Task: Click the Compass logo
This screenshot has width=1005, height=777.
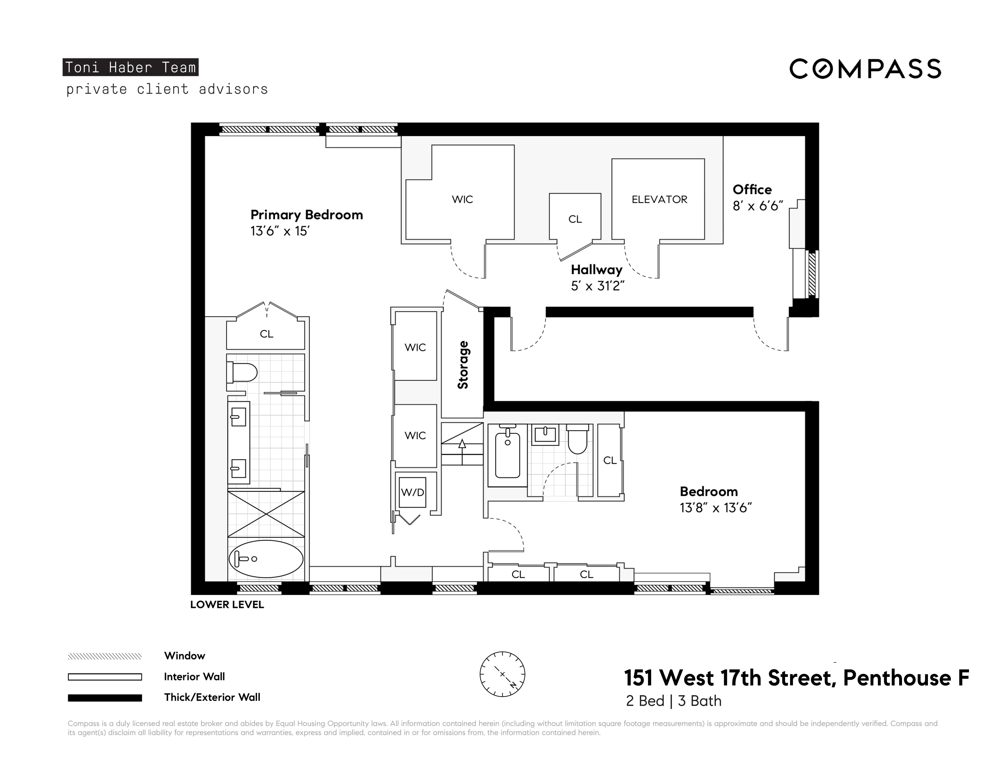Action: pos(865,69)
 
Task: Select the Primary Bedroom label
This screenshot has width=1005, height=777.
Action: pos(306,215)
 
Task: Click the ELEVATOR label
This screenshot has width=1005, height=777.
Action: pos(659,199)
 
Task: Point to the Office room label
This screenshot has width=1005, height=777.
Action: pos(752,190)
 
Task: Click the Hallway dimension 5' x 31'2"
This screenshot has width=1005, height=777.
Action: pos(597,286)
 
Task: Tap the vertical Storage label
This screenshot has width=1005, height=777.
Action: pos(462,365)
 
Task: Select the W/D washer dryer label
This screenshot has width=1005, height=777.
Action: pos(412,492)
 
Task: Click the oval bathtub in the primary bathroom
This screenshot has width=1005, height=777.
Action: pos(266,559)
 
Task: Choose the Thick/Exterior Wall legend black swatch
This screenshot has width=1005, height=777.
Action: pos(105,698)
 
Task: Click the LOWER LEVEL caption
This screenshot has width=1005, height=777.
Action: pos(227,605)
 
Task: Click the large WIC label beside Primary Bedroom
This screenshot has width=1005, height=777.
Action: pos(462,199)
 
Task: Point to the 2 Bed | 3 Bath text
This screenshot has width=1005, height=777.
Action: pos(673,701)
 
